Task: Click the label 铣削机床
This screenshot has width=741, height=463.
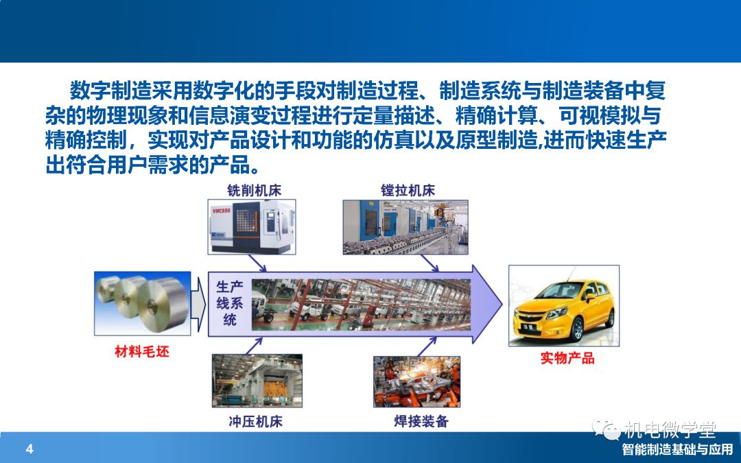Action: tap(255, 191)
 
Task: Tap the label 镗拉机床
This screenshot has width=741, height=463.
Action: tap(408, 191)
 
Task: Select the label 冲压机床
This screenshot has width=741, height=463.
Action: tap(256, 421)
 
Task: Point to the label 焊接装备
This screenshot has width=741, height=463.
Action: tap(421, 421)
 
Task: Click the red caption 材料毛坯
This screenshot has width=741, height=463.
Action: tap(142, 351)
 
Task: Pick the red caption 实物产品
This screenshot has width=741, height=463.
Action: tap(567, 358)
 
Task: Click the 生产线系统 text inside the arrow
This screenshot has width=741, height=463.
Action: tap(230, 303)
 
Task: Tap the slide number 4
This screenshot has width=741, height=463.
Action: tap(30, 449)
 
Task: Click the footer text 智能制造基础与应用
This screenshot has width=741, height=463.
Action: tap(677, 449)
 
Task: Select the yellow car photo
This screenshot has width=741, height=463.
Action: tap(564, 306)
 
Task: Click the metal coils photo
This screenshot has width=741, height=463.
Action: tap(142, 303)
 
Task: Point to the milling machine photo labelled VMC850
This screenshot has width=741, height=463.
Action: tap(252, 227)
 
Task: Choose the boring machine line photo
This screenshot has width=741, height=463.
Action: tap(405, 227)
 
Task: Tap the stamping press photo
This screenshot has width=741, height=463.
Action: tap(257, 381)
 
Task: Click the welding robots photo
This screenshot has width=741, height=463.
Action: tap(417, 382)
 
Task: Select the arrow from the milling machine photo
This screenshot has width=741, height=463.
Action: tap(257, 263)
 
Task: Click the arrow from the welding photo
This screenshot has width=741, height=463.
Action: tap(427, 347)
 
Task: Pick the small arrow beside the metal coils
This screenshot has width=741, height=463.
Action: tap(198, 305)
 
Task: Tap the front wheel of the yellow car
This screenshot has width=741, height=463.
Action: tap(576, 330)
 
